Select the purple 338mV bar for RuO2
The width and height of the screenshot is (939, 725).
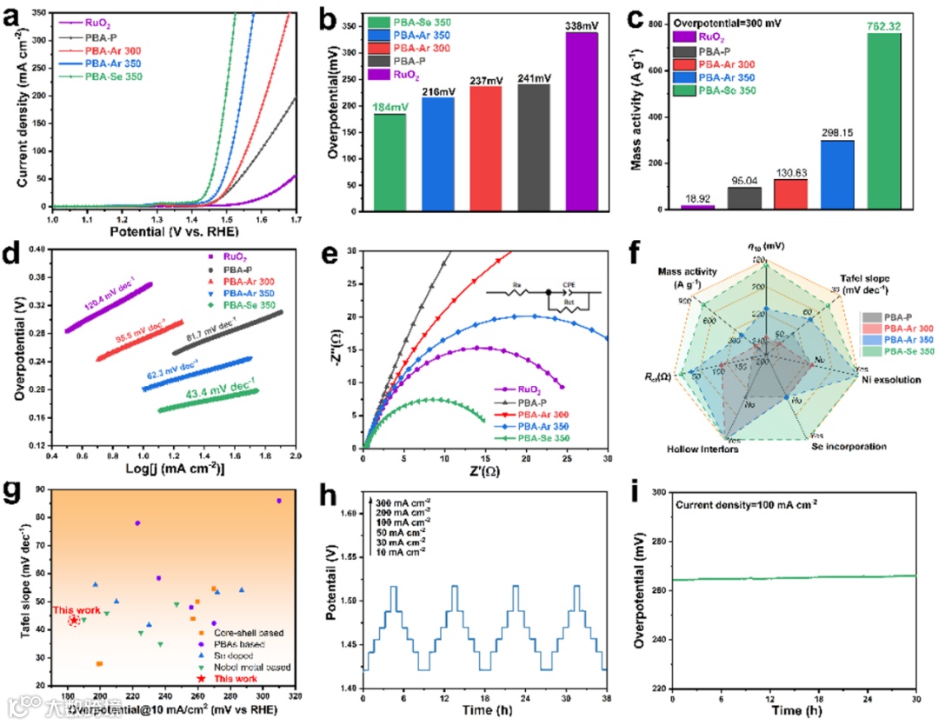tap(582, 122)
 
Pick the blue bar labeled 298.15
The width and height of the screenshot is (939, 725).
tap(836, 175)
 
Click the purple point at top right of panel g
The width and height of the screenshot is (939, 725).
tap(278, 501)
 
